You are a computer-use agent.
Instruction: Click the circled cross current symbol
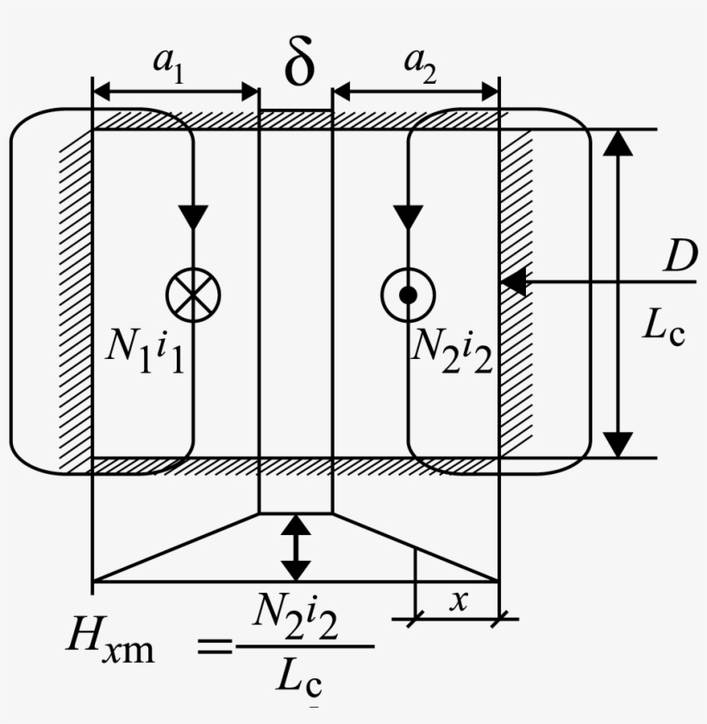click(193, 293)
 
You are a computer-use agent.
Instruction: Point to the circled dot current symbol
click(408, 294)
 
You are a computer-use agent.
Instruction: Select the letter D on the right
click(679, 256)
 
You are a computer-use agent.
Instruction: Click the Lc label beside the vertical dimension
click(663, 326)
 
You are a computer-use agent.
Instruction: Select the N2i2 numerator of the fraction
click(297, 618)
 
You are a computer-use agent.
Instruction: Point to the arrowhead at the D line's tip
click(512, 281)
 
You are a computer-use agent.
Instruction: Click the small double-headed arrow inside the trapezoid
click(296, 547)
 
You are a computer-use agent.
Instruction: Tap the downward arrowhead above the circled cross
click(193, 216)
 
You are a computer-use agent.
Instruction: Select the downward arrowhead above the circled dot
click(408, 216)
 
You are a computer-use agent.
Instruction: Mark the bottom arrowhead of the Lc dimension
click(617, 444)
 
